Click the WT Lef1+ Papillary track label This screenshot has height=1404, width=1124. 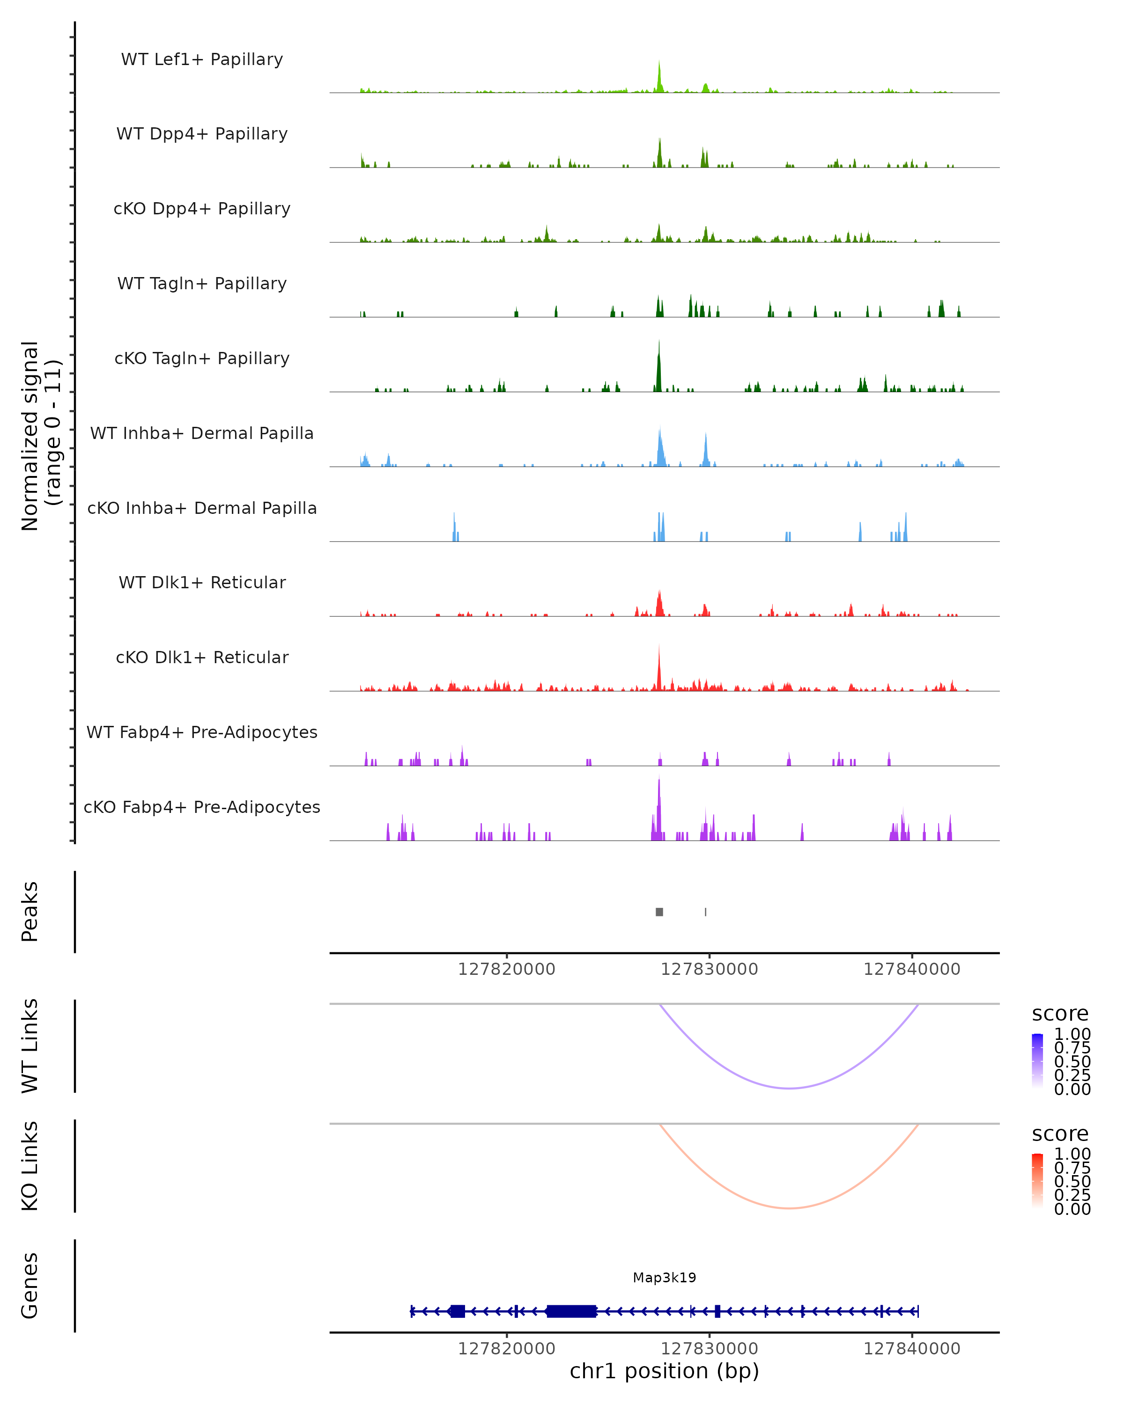[202, 59]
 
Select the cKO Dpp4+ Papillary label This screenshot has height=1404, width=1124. [202, 209]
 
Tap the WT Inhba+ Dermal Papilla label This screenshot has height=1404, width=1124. [202, 434]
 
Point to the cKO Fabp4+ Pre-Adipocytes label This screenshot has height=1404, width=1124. [202, 807]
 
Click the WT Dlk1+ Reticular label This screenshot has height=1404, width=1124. [202, 583]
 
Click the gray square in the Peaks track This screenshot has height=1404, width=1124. [659, 912]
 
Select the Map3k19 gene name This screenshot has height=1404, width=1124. [665, 1278]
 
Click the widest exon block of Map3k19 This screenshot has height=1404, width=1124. [571, 1311]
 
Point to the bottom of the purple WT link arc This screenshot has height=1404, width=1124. [789, 1088]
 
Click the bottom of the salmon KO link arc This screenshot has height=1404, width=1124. [789, 1208]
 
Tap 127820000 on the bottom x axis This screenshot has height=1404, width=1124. [506, 1349]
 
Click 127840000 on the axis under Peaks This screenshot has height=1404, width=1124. [911, 970]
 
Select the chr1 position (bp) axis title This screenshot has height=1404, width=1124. [664, 1371]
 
